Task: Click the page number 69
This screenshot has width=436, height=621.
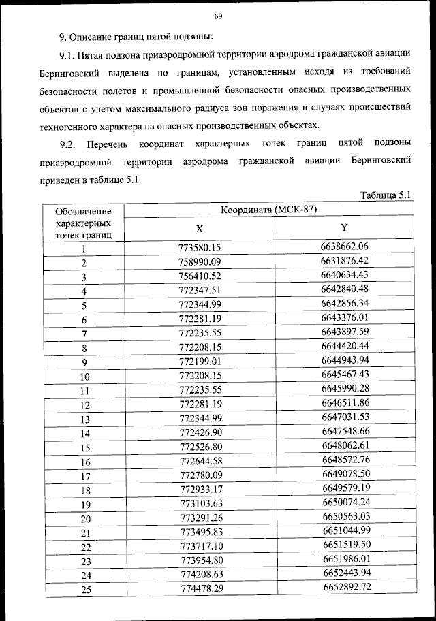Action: tap(218, 16)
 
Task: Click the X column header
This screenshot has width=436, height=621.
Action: tap(199, 229)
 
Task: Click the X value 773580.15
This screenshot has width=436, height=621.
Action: tap(201, 248)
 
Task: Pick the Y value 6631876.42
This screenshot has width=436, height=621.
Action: tap(345, 261)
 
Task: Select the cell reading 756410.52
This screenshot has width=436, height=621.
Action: tap(201, 276)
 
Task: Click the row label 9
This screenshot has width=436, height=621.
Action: tap(84, 362)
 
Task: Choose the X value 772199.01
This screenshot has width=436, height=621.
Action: tap(201, 362)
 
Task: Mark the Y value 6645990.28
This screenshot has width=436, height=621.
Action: tap(345, 389)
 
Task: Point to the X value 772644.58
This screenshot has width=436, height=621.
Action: tap(201, 461)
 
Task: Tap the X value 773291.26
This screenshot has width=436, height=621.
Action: tap(201, 518)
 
